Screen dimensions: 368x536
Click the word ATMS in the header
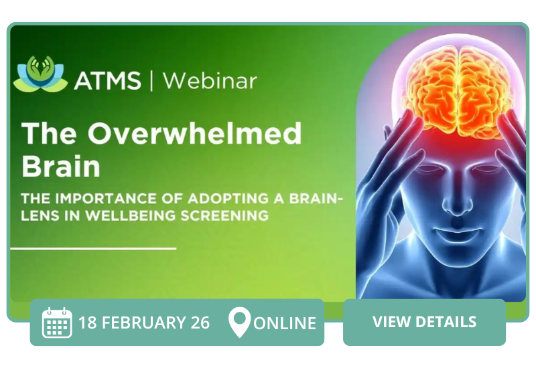coord(107,80)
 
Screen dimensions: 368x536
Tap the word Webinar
coord(210,80)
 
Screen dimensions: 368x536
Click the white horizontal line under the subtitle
coord(94,248)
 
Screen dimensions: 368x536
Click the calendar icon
coord(57,323)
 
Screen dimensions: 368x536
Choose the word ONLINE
coord(284,323)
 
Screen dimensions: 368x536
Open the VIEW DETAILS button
coord(424,322)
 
